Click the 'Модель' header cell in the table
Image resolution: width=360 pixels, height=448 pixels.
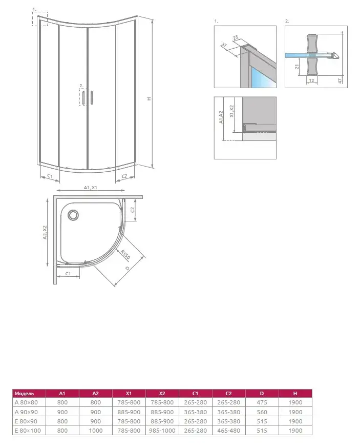[x=25, y=394]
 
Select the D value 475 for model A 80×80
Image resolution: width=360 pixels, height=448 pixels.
[x=262, y=403]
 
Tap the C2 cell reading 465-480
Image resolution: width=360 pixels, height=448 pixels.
[x=228, y=431]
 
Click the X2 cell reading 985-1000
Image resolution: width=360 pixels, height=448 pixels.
[x=162, y=431]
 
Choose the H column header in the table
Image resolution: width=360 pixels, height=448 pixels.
[x=295, y=394]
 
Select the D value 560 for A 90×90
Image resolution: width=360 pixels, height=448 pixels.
[x=262, y=412]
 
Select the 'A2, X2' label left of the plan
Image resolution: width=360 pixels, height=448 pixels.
[x=45, y=233]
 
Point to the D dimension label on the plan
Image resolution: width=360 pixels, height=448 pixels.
[x=126, y=269]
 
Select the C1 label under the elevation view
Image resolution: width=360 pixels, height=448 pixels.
[x=50, y=176]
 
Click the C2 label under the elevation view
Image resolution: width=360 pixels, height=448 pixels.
[x=124, y=176]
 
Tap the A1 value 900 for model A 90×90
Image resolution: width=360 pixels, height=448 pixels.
[x=62, y=412]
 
